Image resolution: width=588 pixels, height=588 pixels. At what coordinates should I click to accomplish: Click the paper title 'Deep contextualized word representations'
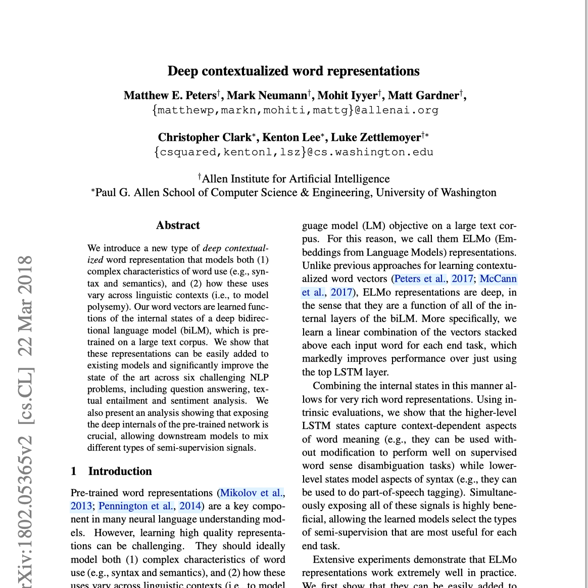pos(293,71)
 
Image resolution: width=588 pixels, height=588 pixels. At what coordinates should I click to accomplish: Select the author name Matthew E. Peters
pos(170,95)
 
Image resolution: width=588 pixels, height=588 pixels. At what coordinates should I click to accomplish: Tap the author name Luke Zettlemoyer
pos(375,137)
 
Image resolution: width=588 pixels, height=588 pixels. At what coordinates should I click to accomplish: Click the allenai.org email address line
pos(295,110)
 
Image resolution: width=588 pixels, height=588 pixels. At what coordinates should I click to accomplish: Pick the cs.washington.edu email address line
pos(293,152)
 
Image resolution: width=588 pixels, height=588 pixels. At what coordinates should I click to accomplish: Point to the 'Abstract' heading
pos(178,225)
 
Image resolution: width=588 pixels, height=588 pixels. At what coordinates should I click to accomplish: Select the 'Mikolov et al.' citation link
pos(252,493)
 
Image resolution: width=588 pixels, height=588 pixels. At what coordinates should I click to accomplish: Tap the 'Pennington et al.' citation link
pos(135,506)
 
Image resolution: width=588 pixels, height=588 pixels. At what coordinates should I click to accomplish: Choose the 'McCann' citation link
pos(498,279)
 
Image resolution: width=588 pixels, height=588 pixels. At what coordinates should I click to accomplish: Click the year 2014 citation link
pos(190,506)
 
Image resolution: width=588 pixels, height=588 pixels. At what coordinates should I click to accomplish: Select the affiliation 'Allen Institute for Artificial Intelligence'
pos(296,179)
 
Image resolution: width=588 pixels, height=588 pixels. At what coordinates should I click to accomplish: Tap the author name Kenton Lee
pos(291,137)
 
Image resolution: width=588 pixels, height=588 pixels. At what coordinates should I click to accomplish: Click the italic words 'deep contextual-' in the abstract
pos(235,248)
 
